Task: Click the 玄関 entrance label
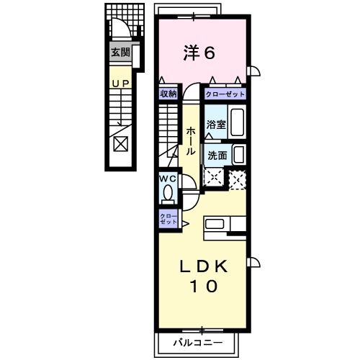pyautogui.click(x=120, y=52)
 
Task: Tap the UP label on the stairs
pyautogui.click(x=121, y=84)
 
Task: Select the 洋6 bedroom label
pyautogui.click(x=199, y=53)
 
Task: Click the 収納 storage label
pyautogui.click(x=168, y=94)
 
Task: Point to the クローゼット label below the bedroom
pyautogui.click(x=225, y=94)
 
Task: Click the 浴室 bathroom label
pyautogui.click(x=216, y=125)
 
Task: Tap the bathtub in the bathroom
pyautogui.click(x=238, y=122)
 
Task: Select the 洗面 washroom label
pyautogui.click(x=217, y=156)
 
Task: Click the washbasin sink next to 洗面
pyautogui.click(x=239, y=155)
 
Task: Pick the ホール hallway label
pyautogui.click(x=191, y=141)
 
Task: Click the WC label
pyautogui.click(x=168, y=179)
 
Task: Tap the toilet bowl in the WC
pyautogui.click(x=168, y=193)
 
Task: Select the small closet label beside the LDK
pyautogui.click(x=168, y=219)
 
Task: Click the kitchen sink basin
pyautogui.click(x=215, y=225)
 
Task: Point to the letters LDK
pyautogui.click(x=204, y=266)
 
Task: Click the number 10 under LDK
pyautogui.click(x=204, y=287)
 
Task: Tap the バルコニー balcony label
pyautogui.click(x=198, y=343)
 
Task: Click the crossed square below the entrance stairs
pyautogui.click(x=121, y=144)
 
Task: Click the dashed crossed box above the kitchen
pyautogui.click(x=238, y=179)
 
